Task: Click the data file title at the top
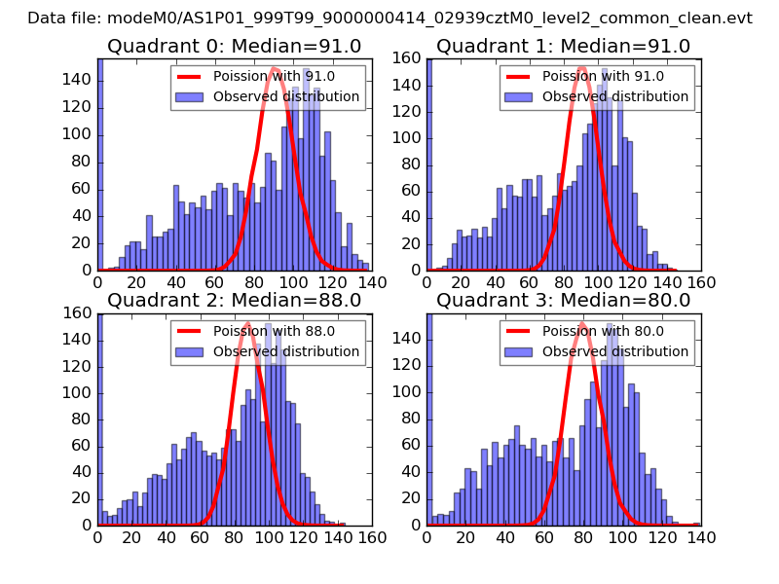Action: [389, 18]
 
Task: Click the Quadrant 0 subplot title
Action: [235, 47]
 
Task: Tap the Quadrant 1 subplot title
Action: [564, 47]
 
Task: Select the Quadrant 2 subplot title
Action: [235, 300]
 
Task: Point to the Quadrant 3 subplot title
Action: [564, 300]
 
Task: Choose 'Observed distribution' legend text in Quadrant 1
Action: [615, 97]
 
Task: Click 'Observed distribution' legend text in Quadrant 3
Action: [615, 351]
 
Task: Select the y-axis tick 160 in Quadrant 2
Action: [82, 313]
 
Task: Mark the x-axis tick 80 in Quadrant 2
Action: [235, 535]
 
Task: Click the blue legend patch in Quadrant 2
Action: [190, 351]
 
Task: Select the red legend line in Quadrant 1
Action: [519, 77]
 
